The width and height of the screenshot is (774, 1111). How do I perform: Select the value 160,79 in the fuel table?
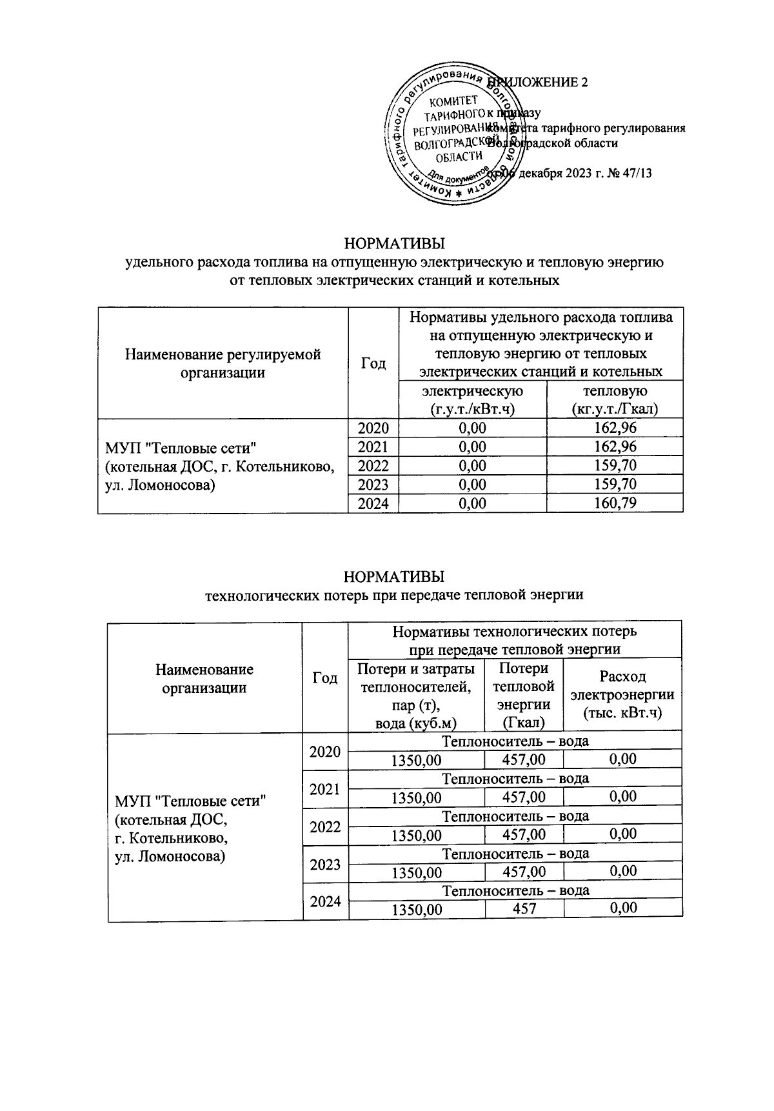614,503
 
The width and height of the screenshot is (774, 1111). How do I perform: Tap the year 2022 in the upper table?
373,466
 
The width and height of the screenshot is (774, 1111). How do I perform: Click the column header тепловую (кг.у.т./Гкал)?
614,400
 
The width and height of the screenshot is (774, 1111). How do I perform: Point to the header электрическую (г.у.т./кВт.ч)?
472,400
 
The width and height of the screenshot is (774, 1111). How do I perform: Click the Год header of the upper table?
373,363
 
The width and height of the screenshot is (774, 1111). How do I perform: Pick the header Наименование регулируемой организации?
223,363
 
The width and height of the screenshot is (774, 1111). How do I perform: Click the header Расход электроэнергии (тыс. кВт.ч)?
622,694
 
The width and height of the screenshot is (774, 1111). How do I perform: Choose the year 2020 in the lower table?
325,751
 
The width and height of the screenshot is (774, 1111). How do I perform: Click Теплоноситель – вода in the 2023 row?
515,854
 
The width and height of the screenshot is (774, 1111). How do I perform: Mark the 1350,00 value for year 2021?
416,797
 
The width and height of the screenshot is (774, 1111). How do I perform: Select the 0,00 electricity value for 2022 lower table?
622,834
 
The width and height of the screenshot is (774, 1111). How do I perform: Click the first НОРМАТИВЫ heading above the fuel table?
394,245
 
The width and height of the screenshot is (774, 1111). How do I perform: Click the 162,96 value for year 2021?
614,447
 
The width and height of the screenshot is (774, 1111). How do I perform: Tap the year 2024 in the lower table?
325,901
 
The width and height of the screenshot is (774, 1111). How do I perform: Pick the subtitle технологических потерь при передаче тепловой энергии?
394,594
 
